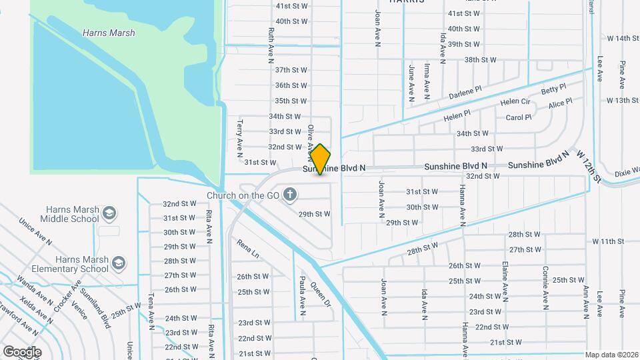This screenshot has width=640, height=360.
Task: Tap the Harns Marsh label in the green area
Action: tap(109, 33)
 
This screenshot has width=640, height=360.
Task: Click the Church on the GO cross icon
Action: tap(289, 195)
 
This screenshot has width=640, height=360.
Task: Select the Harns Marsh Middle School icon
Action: tap(110, 213)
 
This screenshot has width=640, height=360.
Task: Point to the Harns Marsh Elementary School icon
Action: tap(119, 263)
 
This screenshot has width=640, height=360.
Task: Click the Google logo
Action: tap(22, 351)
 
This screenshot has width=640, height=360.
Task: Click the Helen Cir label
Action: tap(515, 102)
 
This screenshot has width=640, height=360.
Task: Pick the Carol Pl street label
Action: tap(519, 117)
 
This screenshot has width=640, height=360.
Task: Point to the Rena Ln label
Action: tap(247, 247)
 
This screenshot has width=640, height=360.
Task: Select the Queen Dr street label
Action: tap(321, 293)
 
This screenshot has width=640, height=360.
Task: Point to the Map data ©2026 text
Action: tap(612, 355)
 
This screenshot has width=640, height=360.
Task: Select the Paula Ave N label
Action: tap(302, 295)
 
